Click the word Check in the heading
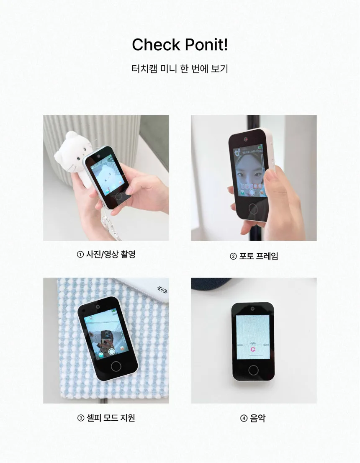156,45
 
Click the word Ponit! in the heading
206,45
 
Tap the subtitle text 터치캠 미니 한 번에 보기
180,69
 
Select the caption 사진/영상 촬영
111,254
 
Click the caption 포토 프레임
258,256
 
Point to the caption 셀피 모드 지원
111,418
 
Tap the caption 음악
257,418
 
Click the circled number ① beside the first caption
80,255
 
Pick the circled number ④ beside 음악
244,418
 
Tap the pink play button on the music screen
253,349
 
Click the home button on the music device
253,370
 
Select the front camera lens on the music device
252,309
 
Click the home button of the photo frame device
253,208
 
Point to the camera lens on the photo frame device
245,139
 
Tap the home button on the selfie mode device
116,366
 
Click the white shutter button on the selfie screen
111,352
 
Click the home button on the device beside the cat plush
119,196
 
